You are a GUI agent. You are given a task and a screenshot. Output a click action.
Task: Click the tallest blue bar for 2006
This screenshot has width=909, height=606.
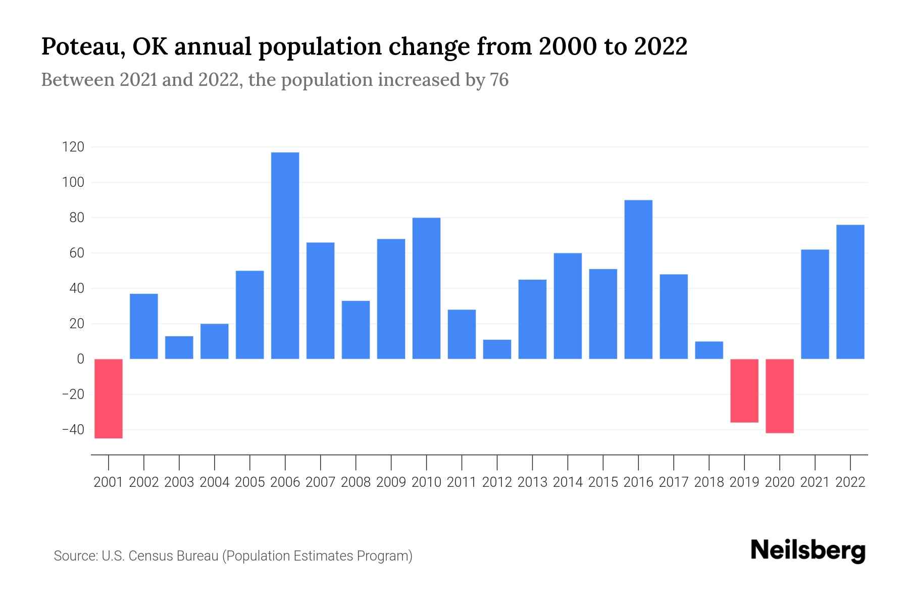[x=285, y=256]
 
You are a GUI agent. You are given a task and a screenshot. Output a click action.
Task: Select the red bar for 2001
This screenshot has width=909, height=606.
[x=109, y=398]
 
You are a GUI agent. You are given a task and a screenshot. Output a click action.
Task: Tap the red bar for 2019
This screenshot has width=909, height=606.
[x=744, y=390]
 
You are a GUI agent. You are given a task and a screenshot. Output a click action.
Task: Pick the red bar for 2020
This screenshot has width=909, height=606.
[x=780, y=396]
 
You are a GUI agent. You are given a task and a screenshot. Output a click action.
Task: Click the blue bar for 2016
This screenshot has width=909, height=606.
[x=638, y=279]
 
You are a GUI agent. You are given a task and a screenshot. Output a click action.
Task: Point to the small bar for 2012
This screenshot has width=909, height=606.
[x=497, y=349]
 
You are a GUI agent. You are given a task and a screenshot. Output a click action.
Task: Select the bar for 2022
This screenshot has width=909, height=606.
[x=850, y=292]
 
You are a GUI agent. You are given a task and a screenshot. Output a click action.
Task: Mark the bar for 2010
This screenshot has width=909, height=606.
[x=426, y=288]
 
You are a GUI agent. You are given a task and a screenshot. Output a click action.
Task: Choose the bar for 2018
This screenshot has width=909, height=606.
[x=709, y=350]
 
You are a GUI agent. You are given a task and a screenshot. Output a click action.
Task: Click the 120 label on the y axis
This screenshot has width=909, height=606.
[x=73, y=147]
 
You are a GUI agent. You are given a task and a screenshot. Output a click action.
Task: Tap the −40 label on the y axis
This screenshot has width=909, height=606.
[x=73, y=430]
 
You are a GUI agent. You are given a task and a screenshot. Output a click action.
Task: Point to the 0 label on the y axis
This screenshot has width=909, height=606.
[x=80, y=359]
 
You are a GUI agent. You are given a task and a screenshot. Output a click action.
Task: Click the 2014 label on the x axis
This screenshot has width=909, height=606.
[x=568, y=482]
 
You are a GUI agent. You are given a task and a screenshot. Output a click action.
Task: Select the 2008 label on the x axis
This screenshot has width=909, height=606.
[x=356, y=482]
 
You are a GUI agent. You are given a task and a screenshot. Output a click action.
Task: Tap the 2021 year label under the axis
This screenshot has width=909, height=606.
[x=815, y=482]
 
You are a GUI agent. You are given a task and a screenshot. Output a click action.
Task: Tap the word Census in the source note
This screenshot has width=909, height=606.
[x=147, y=556]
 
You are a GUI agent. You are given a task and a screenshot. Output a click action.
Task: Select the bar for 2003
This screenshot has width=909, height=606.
[x=179, y=347]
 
